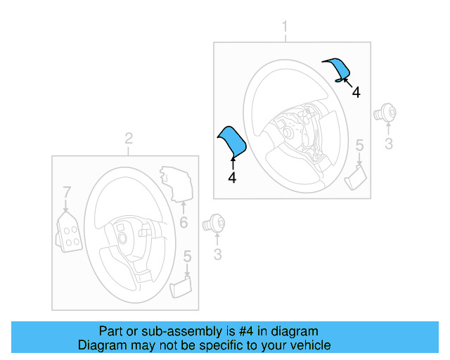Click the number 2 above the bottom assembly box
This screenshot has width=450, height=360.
129,138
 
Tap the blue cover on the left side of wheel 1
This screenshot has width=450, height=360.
232,141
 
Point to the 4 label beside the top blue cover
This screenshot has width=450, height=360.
356,93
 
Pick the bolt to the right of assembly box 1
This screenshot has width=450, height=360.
386,111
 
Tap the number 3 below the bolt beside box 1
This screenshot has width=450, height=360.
388,146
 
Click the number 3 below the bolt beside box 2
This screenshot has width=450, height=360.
217,254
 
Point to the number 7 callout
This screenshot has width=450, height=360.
66,191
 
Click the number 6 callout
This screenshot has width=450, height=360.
183,223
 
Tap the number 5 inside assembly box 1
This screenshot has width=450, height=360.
359,146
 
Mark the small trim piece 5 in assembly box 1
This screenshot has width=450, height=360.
356,176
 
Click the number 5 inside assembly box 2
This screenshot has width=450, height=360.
186,257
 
